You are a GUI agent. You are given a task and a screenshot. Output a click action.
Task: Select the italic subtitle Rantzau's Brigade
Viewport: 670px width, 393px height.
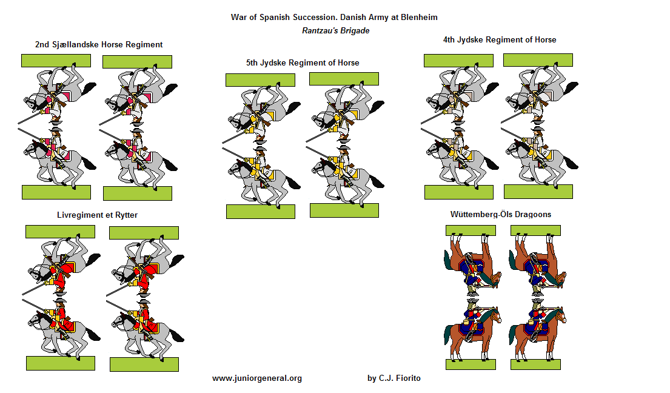[335, 30]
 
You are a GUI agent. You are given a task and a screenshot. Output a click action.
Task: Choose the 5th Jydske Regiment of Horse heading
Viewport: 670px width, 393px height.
[302, 62]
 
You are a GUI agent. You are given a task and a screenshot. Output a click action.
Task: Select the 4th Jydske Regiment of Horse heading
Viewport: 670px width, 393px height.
[499, 39]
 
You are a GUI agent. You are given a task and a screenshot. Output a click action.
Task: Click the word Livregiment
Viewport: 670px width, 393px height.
[79, 215]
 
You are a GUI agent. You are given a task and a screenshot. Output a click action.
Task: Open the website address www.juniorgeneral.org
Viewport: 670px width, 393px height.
[256, 378]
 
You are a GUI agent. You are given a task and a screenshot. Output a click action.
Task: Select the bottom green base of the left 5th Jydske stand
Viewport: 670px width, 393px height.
[260, 211]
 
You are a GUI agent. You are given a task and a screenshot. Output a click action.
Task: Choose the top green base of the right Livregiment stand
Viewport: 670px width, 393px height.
[144, 233]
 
